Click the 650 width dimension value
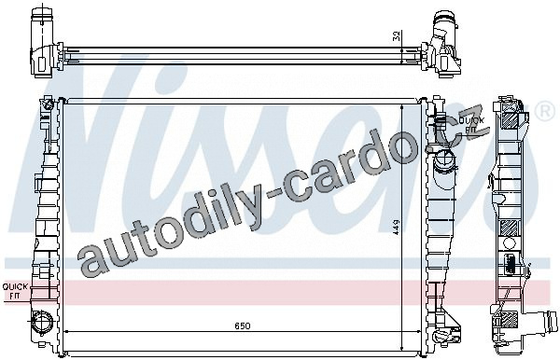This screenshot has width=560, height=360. point(243,325)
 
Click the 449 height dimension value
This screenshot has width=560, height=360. point(397,227)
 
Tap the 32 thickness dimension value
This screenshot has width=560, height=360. point(397,36)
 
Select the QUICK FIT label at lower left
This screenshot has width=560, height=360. point(15,291)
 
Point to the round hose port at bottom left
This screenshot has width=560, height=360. point(42,322)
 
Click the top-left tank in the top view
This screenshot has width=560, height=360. point(43,42)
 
